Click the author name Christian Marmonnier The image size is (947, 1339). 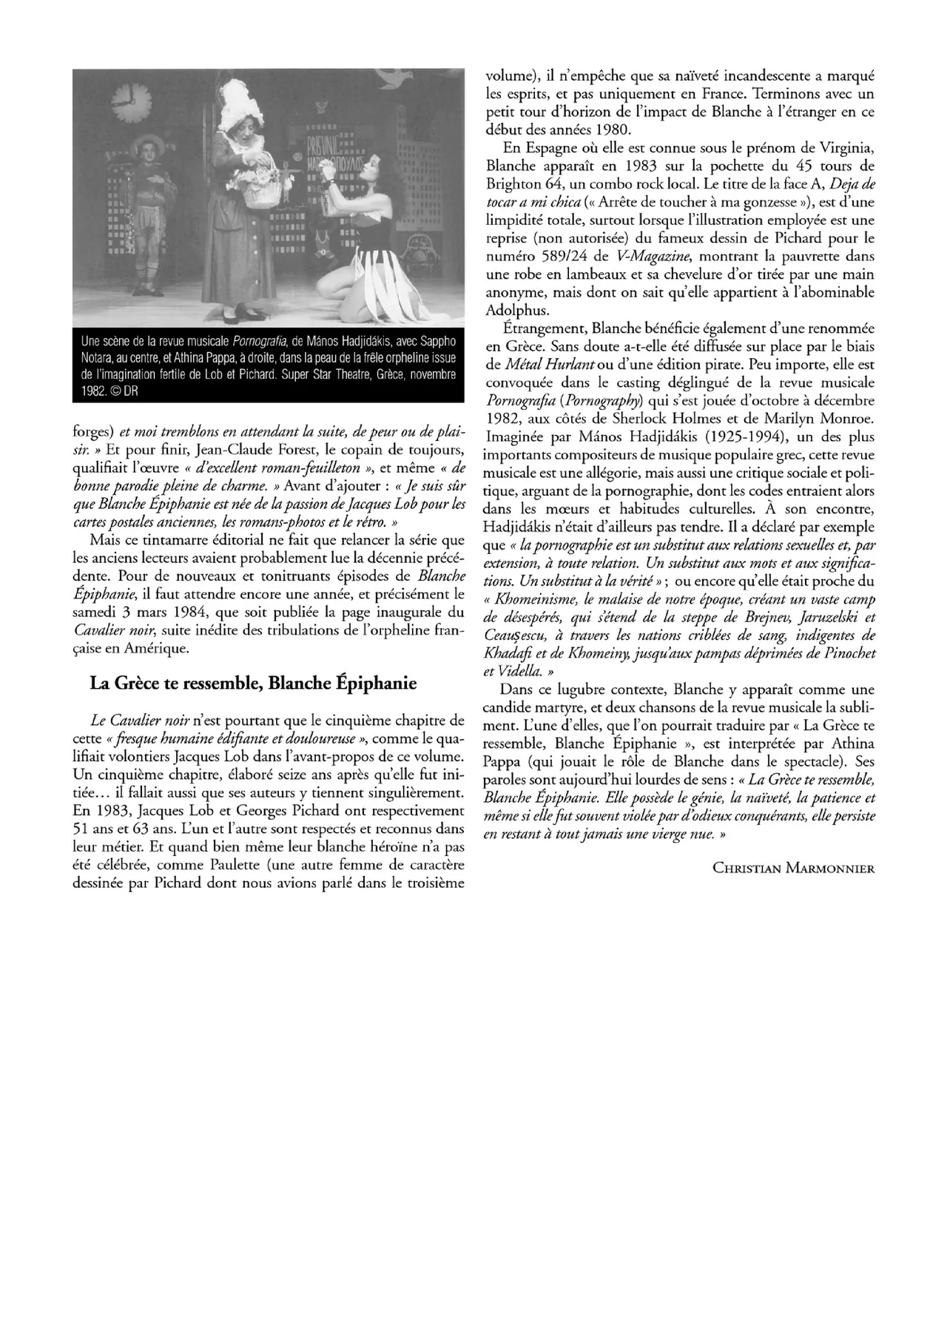coord(793,868)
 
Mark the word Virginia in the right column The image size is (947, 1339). coord(841,147)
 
